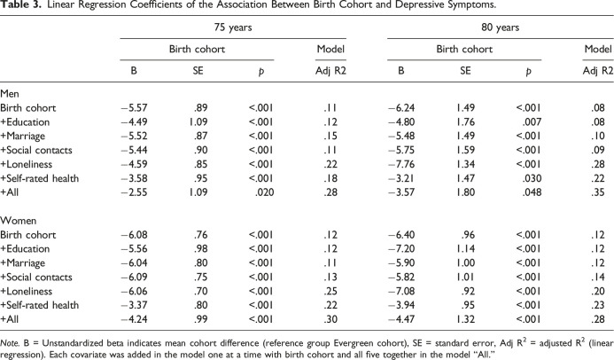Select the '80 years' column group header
pyautogui.click(x=501, y=28)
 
